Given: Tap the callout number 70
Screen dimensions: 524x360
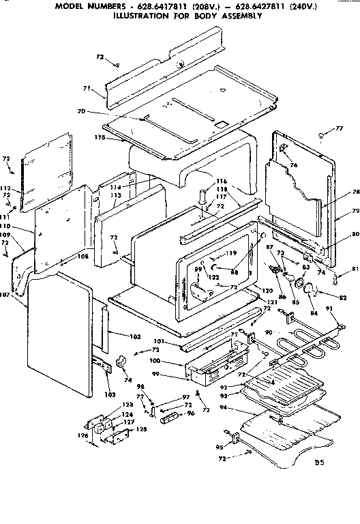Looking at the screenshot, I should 100,111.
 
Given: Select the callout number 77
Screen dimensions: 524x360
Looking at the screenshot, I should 338,128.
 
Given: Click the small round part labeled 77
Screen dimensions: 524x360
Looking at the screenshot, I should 320,136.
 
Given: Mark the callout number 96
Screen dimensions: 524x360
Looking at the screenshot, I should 191,412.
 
